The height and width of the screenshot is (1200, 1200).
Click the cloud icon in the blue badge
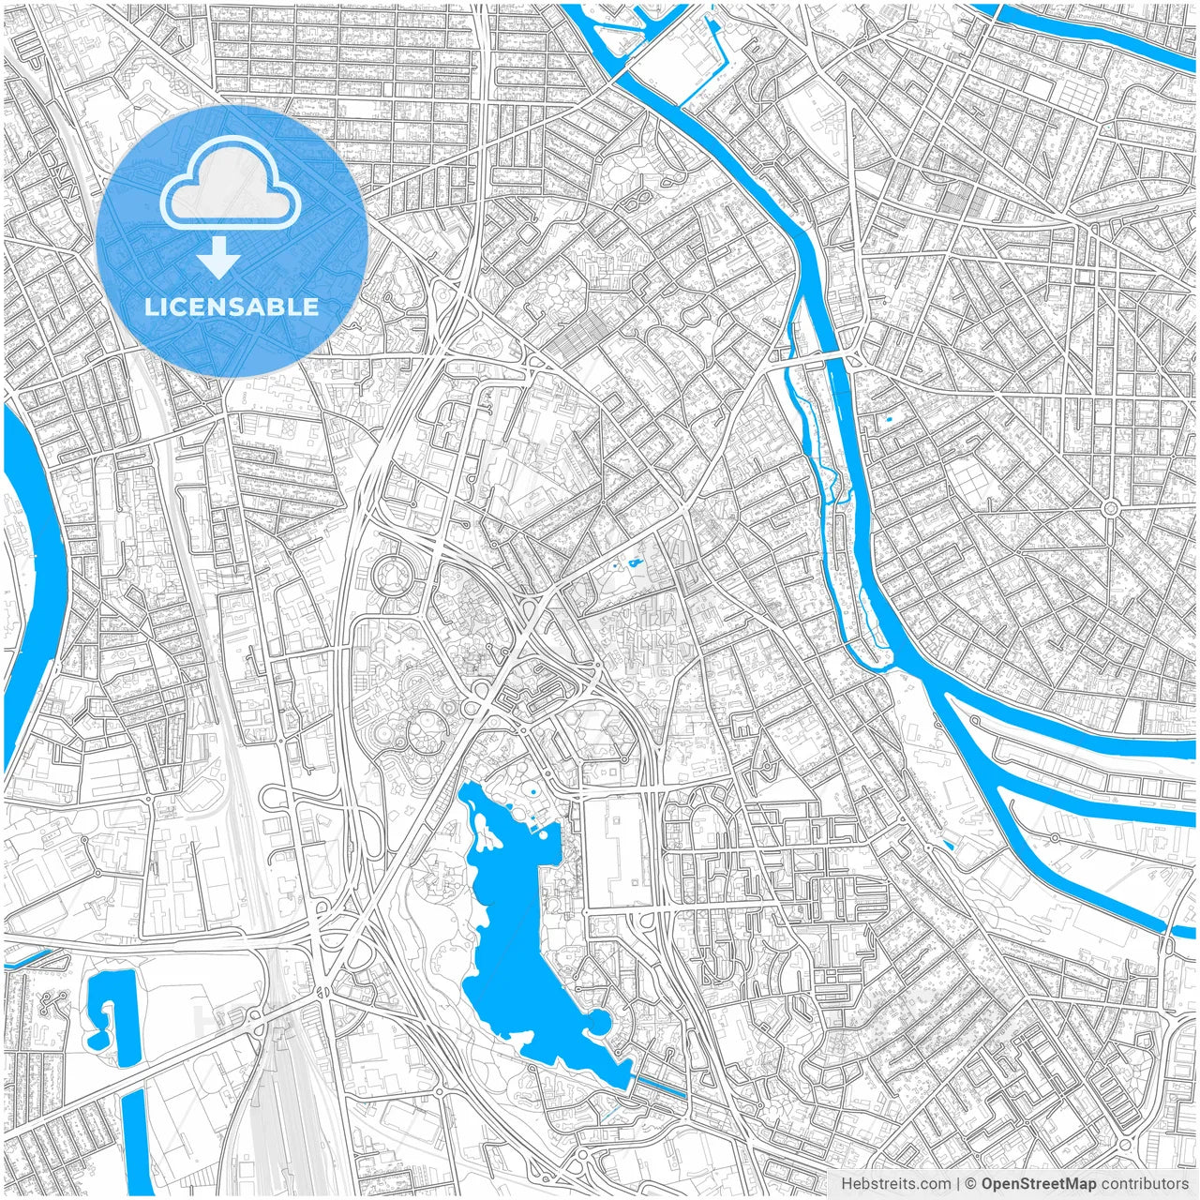(231, 183)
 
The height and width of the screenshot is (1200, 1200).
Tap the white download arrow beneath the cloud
(218, 258)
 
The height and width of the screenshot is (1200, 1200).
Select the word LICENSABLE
(231, 307)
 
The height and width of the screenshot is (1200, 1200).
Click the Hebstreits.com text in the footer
(895, 1184)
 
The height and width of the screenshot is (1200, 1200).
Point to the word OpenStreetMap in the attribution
(1038, 1184)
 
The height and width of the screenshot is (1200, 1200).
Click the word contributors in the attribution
(1145, 1184)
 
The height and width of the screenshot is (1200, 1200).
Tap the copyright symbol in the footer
(971, 1184)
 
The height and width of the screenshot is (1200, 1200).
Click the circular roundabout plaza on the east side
(1111, 508)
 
